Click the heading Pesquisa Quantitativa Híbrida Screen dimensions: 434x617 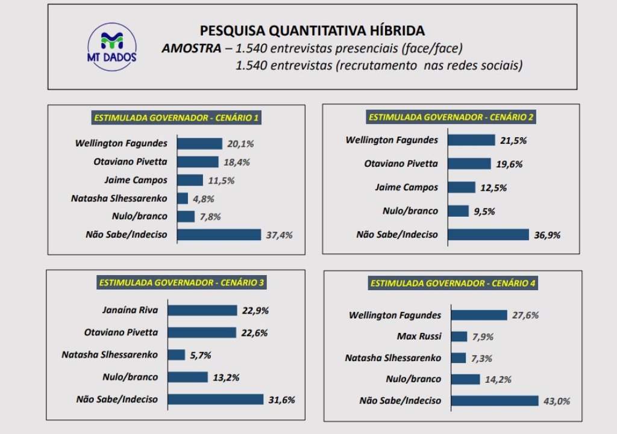pyautogui.click(x=312, y=31)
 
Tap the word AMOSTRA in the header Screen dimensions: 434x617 pyautogui.click(x=192, y=49)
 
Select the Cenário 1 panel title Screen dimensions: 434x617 pyautogui.click(x=176, y=117)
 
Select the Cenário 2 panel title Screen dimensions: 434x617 pyautogui.click(x=451, y=116)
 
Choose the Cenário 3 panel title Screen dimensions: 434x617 pyautogui.click(x=181, y=282)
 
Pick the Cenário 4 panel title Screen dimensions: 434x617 pyautogui.click(x=453, y=283)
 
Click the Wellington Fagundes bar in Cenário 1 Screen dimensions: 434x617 pyautogui.click(x=200, y=144)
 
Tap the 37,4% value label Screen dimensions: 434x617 pyautogui.click(x=279, y=235)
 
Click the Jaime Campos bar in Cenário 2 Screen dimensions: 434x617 pyautogui.click(x=463, y=187)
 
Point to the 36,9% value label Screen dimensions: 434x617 pyautogui.click(x=547, y=235)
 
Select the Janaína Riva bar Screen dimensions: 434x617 pyautogui.click(x=202, y=311)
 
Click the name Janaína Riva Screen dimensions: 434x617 pyautogui.click(x=130, y=311)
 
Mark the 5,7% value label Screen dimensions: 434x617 pyautogui.click(x=200, y=355)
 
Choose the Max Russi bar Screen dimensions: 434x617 pyautogui.click(x=459, y=336)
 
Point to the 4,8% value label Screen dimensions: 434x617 pyautogui.click(x=204, y=199)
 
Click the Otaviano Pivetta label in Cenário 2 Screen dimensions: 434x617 pyautogui.click(x=401, y=164)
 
